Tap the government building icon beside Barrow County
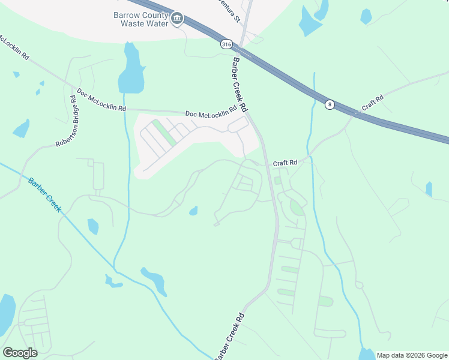click(x=177, y=19)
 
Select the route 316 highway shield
click(x=226, y=44)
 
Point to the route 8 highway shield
click(x=330, y=104)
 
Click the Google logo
click(x=20, y=353)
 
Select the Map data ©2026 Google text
click(x=412, y=355)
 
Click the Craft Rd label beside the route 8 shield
click(x=372, y=104)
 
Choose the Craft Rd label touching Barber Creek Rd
click(x=285, y=163)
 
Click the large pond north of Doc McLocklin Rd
click(x=131, y=71)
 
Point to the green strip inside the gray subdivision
click(x=163, y=133)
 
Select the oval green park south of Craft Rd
click(x=297, y=208)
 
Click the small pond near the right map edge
click(x=429, y=189)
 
